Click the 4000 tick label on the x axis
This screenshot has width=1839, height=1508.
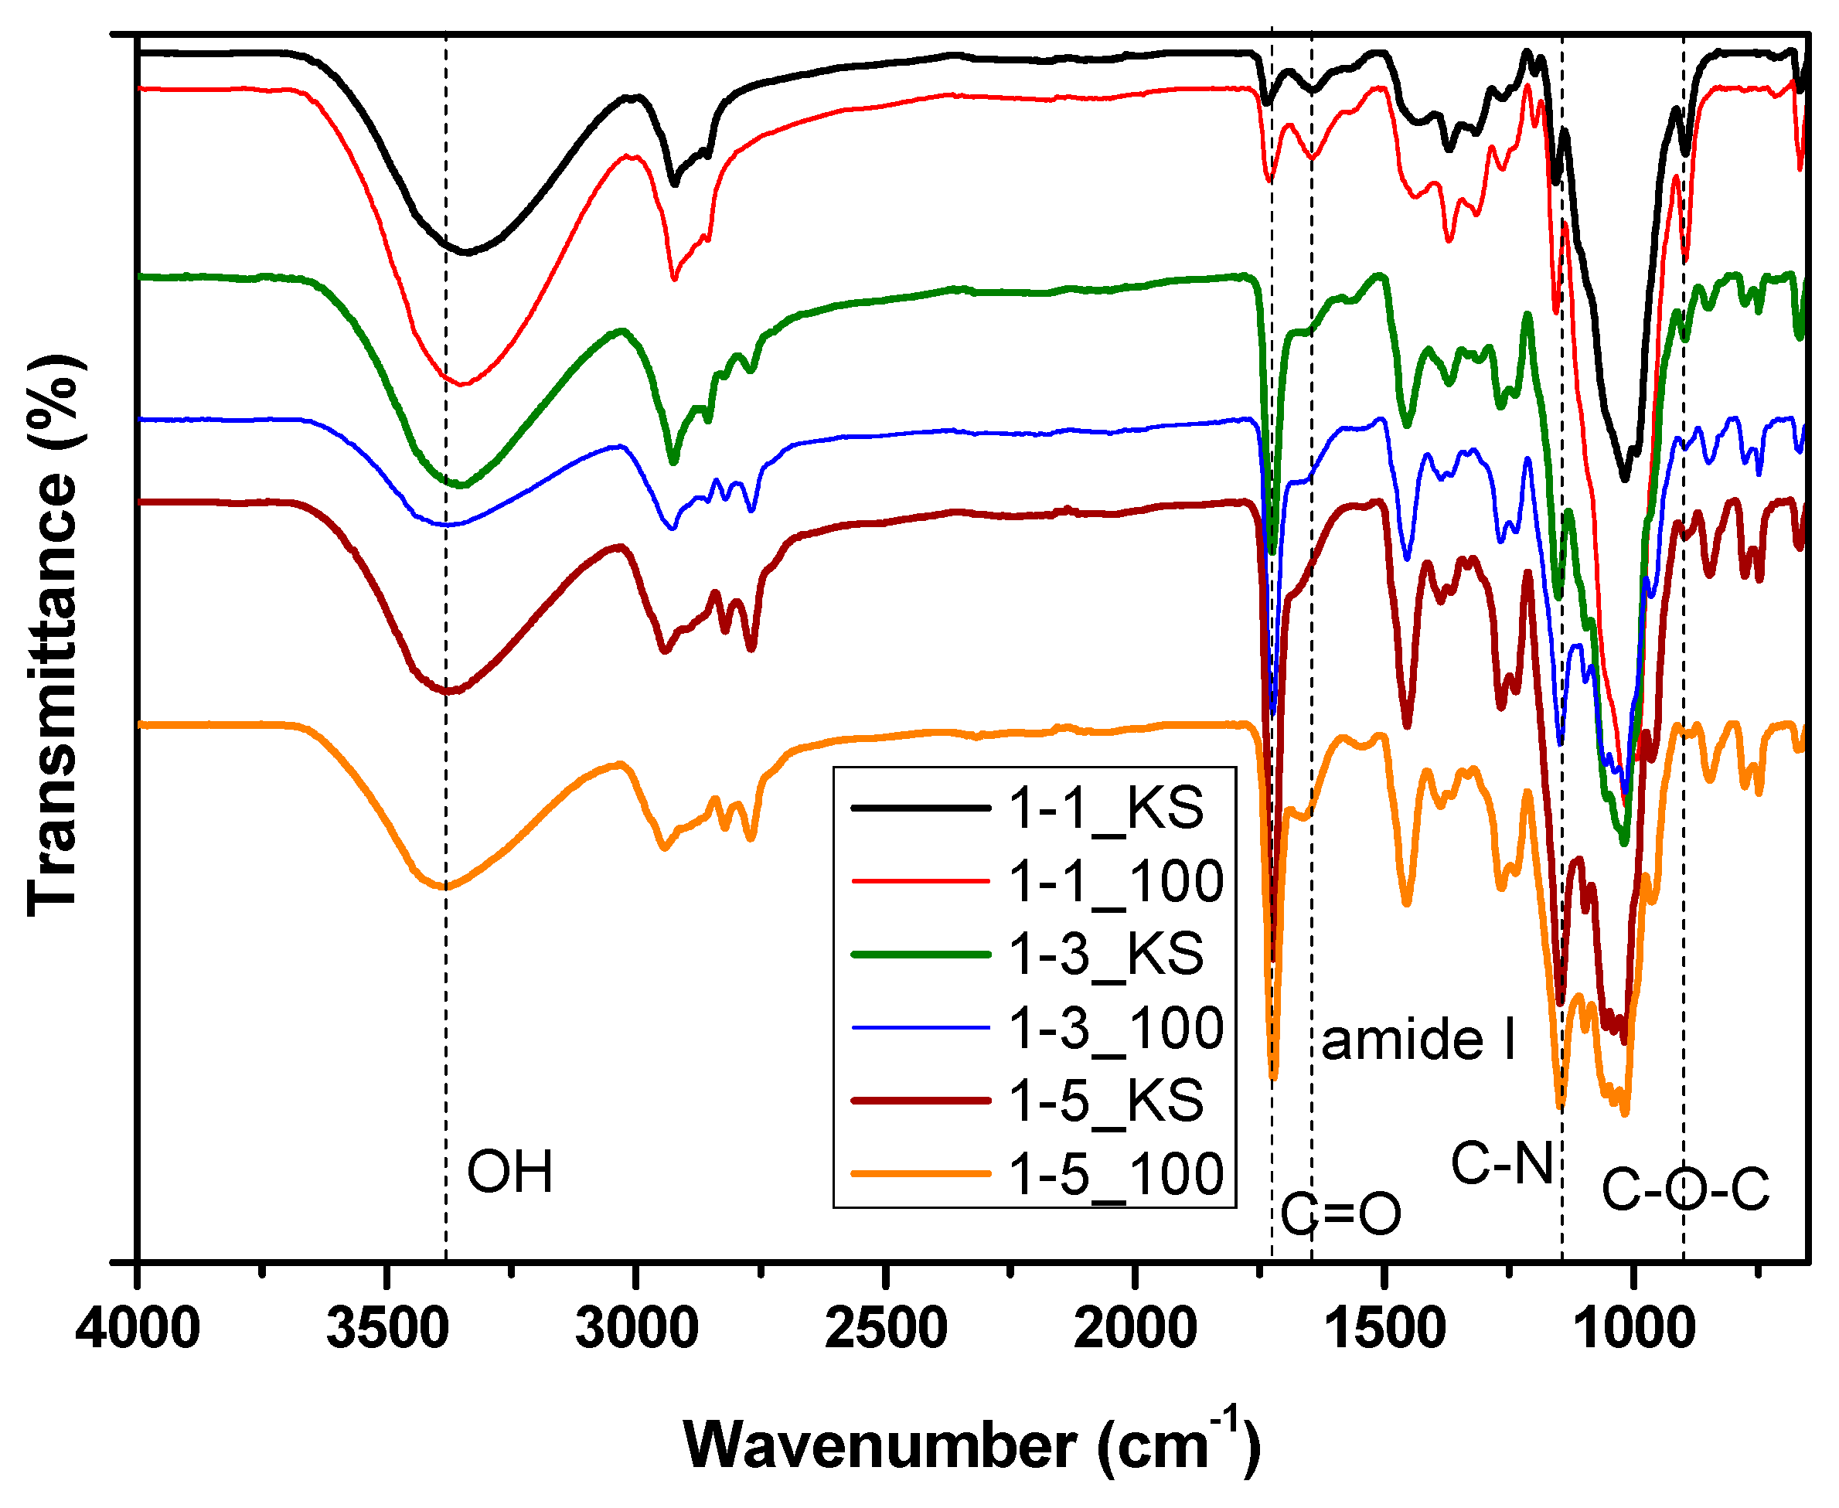click(138, 1329)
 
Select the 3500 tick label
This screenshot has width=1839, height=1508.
click(387, 1329)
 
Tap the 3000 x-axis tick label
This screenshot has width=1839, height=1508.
click(637, 1329)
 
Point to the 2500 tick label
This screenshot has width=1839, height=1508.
click(886, 1329)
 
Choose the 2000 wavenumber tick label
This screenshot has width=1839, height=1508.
click(1135, 1329)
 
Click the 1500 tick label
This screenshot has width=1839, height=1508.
click(1384, 1329)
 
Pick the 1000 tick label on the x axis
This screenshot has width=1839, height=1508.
click(1633, 1329)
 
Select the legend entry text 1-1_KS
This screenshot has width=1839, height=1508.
click(1105, 808)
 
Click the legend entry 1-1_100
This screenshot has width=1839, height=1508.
click(1115, 882)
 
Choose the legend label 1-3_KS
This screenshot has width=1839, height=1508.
click(1105, 954)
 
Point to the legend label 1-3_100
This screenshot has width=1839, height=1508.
click(1115, 1028)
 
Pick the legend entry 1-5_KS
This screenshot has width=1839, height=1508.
click(1105, 1101)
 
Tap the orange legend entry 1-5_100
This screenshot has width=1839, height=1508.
click(1115, 1173)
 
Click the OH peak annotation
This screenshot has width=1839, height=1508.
click(510, 1172)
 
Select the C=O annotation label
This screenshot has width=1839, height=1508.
click(1341, 1214)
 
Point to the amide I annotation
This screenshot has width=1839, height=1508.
click(1418, 1039)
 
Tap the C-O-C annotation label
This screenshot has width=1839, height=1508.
click(1684, 1190)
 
